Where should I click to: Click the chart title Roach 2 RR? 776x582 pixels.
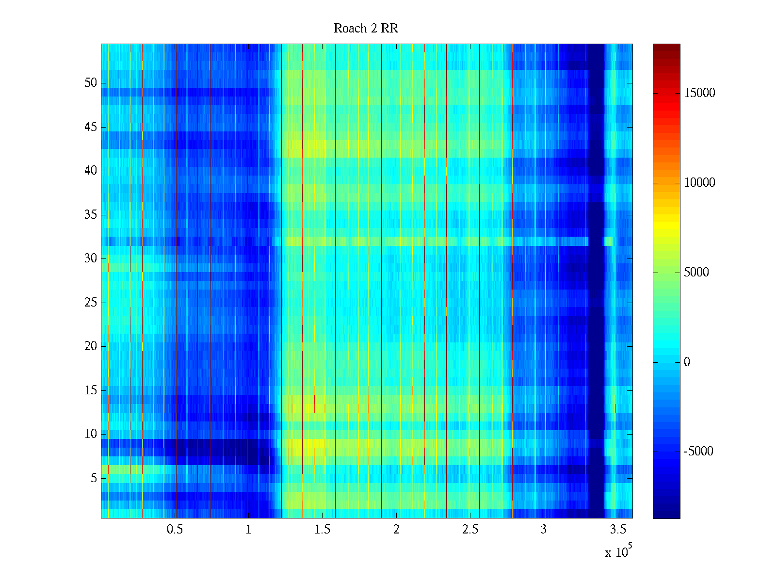tap(366, 29)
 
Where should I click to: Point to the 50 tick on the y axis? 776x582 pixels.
tap(91, 83)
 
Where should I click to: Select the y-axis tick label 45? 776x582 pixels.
tap(91, 127)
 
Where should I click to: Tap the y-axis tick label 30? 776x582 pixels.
tap(91, 259)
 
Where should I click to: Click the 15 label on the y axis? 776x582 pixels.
tap(91, 390)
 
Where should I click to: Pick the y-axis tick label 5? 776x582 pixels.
tap(94, 478)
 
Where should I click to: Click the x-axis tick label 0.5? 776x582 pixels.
tap(175, 530)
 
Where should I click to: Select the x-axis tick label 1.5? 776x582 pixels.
tap(323, 530)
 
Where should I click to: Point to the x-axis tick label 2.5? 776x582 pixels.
tap(470, 530)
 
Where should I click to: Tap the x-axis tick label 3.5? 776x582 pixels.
tap(617, 530)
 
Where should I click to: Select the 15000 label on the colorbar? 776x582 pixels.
tap(699, 93)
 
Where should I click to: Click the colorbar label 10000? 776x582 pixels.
tap(699, 183)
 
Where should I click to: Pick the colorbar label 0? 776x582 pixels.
tap(687, 362)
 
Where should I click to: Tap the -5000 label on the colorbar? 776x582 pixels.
tap(698, 452)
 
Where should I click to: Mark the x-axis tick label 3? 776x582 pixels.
tap(544, 530)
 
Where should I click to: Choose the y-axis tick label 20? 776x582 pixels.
tap(91, 346)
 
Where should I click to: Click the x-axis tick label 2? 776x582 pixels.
tap(396, 530)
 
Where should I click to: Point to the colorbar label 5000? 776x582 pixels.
tap(696, 273)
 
